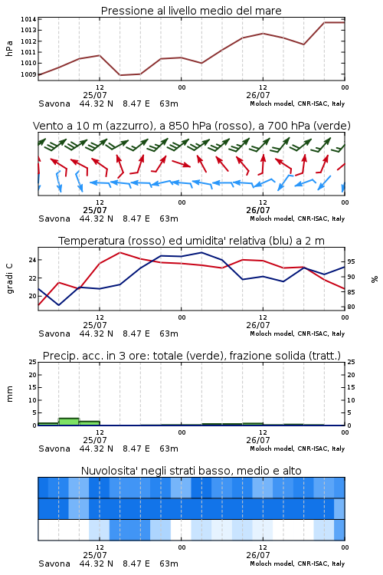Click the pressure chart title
point(191,11)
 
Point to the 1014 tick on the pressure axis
point(28,19)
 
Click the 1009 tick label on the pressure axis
point(28,74)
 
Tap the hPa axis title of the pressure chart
point(9,48)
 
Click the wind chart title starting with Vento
point(191,126)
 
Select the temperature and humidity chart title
point(191,241)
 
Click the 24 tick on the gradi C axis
point(33,260)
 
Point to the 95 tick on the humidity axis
point(351,262)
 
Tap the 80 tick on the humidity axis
point(351,307)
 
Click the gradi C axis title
point(9,279)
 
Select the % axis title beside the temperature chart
point(375,279)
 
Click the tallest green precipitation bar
point(69,422)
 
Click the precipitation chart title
point(191,356)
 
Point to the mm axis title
point(9,394)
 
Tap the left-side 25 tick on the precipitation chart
point(33,363)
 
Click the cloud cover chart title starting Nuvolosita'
point(191,471)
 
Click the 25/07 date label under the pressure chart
point(95,95)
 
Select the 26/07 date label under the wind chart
point(258,211)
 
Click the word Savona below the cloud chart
point(54,563)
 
